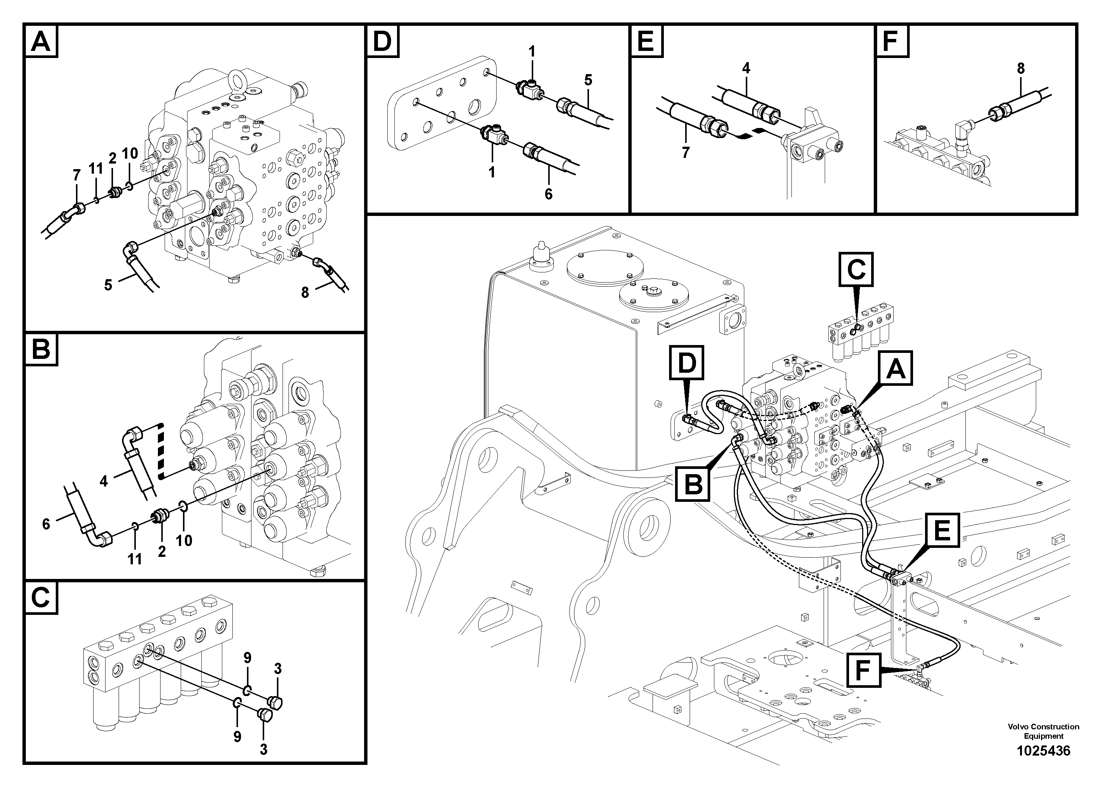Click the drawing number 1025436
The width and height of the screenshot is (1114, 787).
point(1043,751)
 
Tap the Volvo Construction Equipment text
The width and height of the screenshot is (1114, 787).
point(1043,731)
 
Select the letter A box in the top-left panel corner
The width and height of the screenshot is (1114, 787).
point(41,41)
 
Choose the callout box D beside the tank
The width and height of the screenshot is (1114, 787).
point(687,363)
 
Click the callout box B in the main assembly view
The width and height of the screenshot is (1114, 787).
point(693,484)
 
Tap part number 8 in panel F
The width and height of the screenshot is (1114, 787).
point(1021,69)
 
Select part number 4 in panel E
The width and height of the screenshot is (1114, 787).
point(746,68)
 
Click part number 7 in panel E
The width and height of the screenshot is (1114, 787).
point(685,152)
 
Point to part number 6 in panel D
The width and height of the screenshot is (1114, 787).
point(548,194)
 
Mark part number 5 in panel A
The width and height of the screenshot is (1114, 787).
point(108,285)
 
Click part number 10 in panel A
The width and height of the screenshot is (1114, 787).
point(130,153)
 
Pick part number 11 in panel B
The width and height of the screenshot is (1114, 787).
point(134,559)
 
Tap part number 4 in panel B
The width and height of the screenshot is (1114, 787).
point(103,481)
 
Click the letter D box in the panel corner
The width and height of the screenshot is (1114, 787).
point(383,41)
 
